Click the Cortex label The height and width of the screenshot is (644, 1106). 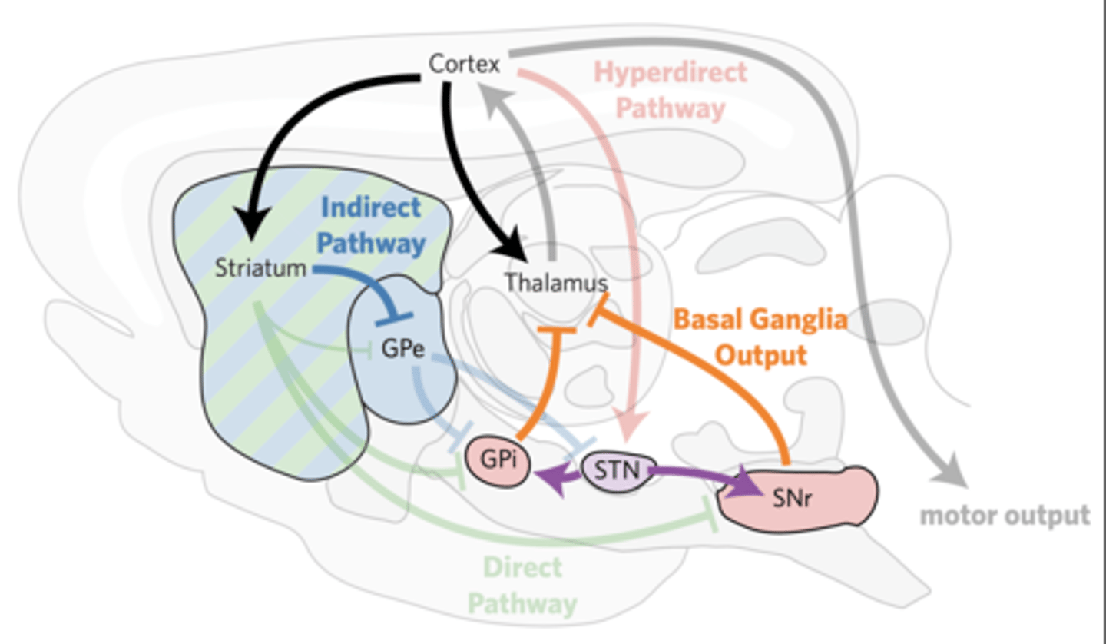point(464,63)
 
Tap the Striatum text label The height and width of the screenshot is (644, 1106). point(260,269)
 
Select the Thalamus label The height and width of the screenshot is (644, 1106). point(555,283)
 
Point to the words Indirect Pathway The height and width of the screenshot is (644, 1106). point(371,225)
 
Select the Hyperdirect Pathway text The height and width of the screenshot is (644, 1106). point(671,90)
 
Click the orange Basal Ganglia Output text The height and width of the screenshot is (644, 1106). point(760,337)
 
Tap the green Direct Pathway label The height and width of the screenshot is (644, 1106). point(522,586)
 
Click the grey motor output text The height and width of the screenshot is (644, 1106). point(1005,515)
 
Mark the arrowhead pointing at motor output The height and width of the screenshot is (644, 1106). point(950,469)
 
